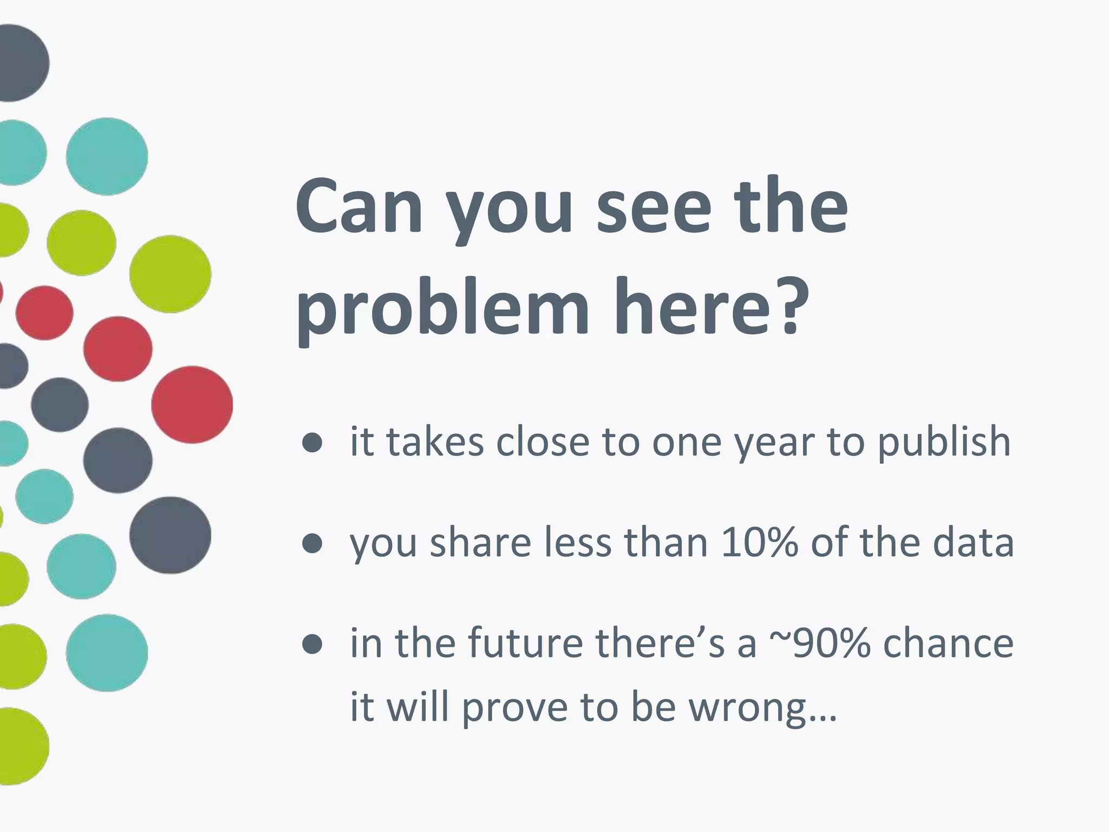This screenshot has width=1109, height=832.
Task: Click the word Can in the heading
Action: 358,209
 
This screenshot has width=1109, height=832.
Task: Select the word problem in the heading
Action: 442,309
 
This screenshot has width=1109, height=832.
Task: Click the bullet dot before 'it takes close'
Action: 312,443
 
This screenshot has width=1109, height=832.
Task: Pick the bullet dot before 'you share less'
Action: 312,543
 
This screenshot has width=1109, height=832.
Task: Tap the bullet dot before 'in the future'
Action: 312,644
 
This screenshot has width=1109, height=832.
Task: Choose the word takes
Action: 434,441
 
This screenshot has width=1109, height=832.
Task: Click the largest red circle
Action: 192,405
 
